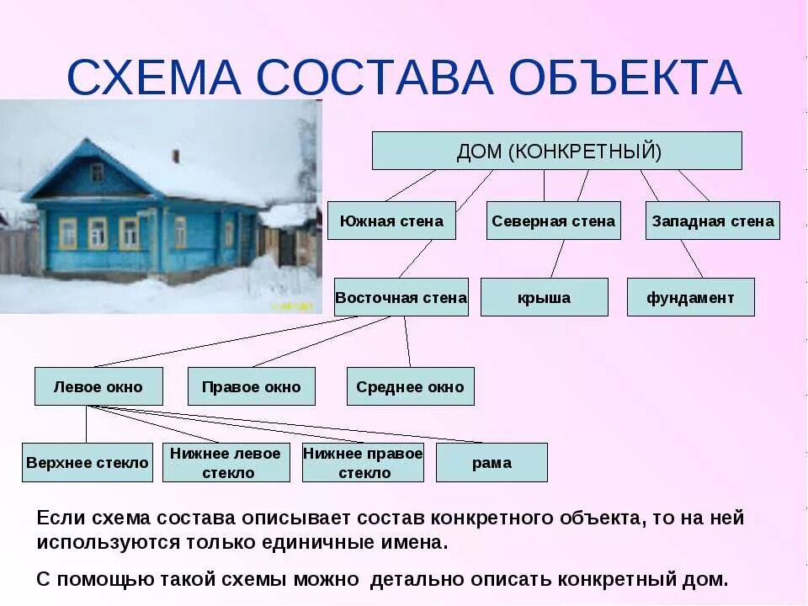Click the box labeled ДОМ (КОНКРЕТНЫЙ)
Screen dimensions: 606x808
(x=557, y=151)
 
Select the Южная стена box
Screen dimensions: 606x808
(x=391, y=221)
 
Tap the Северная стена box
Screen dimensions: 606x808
(x=554, y=221)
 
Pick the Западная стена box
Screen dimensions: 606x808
(x=713, y=221)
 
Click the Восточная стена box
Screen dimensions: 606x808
(x=401, y=297)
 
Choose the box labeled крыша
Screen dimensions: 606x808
(x=544, y=297)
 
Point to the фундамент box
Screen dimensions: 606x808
(x=690, y=297)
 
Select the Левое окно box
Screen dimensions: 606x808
(x=98, y=386)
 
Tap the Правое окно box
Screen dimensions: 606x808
(x=251, y=386)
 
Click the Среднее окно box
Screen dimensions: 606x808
(x=410, y=386)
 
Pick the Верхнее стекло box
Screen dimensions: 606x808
(x=88, y=462)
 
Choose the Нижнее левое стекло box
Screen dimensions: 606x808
(x=226, y=462)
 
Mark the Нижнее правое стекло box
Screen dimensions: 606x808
(x=363, y=462)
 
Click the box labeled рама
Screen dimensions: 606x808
(x=492, y=462)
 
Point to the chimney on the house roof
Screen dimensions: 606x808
(x=176, y=156)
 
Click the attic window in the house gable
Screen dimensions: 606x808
(x=97, y=173)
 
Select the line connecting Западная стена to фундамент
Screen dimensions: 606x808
(x=692, y=258)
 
